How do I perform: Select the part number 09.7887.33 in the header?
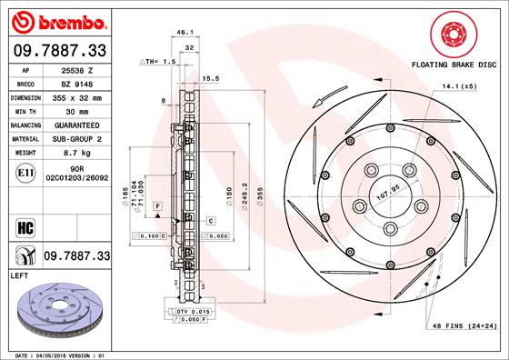[60, 51]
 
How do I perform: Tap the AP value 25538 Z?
[79, 70]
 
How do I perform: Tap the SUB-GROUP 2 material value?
[79, 138]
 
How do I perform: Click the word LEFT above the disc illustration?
[19, 274]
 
